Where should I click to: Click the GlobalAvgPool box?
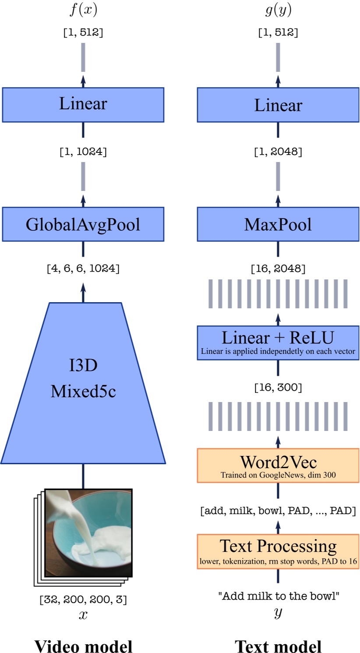coord(83,224)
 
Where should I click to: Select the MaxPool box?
coord(278,224)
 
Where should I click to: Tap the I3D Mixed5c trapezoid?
coord(83,381)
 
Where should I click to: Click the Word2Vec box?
coord(278,466)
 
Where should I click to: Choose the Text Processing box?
coord(278,551)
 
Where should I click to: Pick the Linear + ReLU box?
coord(278,342)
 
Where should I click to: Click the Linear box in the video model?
coord(83,104)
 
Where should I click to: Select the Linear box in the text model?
coord(278,105)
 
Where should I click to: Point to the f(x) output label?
coord(83,10)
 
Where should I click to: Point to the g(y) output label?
coord(278,10)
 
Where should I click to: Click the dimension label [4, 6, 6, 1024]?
coord(83,268)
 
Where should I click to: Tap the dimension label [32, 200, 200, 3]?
coord(83,599)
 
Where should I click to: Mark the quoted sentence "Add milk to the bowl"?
coord(278,596)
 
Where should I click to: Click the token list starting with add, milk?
coord(278,511)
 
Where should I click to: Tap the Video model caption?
coord(83,646)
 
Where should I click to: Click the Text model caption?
coord(278,646)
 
